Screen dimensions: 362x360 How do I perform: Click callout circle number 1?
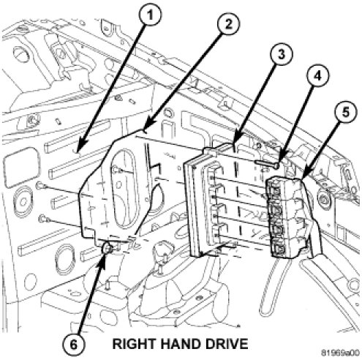[x=151, y=15]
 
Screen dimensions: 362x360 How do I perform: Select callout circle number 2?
[x=228, y=24]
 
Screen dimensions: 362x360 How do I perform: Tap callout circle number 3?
[x=282, y=54]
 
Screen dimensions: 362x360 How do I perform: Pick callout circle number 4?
[x=317, y=76]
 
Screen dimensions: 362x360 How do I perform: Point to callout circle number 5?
[x=345, y=113]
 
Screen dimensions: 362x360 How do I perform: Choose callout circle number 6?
[x=73, y=345]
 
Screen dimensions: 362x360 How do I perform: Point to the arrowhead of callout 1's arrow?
[x=79, y=149]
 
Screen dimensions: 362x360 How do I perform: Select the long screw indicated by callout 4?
[x=267, y=164]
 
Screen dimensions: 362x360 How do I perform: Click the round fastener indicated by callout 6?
[x=108, y=248]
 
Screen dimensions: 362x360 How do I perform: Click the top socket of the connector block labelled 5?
[x=275, y=190]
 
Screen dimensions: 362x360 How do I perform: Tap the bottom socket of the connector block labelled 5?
[x=279, y=249]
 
